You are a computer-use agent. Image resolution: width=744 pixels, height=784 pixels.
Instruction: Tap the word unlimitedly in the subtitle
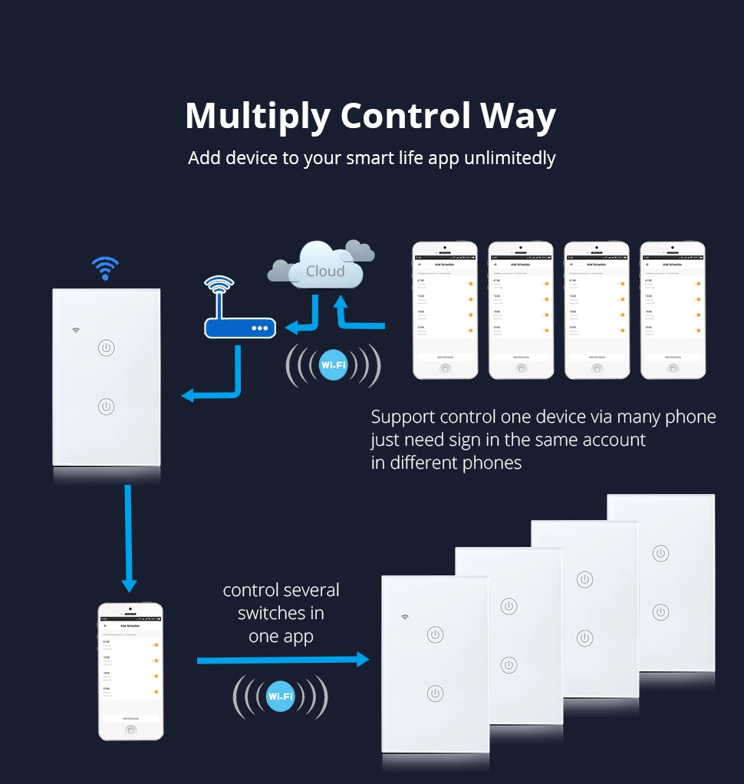coord(509,158)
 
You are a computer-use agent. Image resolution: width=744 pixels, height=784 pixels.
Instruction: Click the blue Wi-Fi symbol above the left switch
coord(105,268)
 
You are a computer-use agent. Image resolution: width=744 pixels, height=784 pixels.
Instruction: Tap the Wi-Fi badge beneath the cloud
coord(334,365)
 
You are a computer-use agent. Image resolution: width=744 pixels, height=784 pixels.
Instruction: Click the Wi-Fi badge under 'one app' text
coord(280,697)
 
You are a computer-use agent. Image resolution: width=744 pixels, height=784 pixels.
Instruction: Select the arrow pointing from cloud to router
coord(303,318)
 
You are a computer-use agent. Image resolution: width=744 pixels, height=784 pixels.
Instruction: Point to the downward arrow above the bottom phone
coord(129,537)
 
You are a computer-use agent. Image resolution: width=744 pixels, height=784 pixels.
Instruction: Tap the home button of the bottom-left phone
coord(131,730)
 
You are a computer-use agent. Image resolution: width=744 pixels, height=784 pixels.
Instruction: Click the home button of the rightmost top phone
coord(673,368)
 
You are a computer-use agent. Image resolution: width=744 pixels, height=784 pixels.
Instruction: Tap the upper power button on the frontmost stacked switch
coord(435,634)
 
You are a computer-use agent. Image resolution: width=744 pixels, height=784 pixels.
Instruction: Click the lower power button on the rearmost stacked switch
coord(660,611)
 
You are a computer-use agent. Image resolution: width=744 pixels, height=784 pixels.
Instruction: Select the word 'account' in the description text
coord(614,440)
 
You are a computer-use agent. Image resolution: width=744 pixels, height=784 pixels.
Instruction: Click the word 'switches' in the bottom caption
coord(281,613)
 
